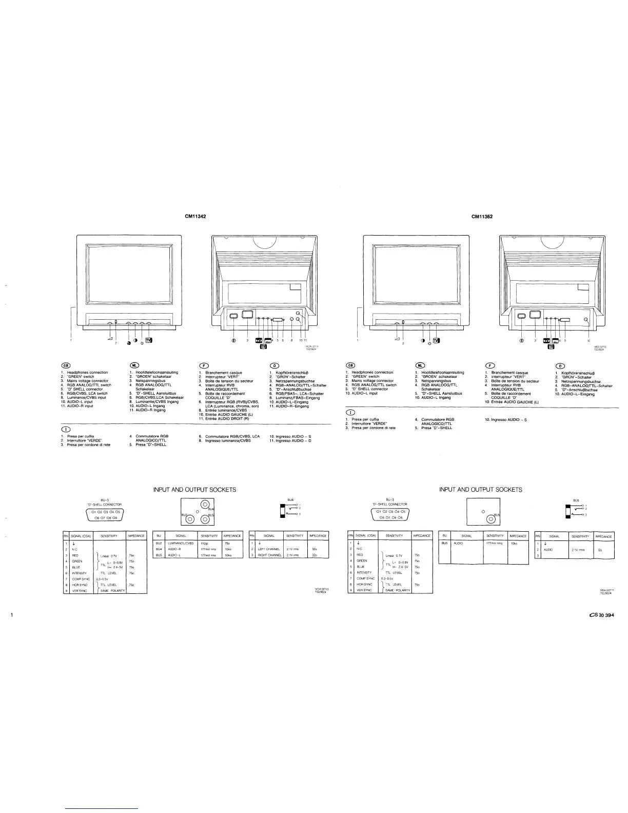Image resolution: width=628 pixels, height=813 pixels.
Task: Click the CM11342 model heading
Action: click(x=195, y=217)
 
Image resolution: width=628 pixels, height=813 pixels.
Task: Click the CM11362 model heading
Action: click(x=482, y=217)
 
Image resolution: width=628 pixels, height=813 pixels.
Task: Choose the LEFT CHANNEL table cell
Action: click(x=268, y=549)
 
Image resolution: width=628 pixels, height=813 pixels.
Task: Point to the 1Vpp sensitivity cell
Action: click(x=204, y=543)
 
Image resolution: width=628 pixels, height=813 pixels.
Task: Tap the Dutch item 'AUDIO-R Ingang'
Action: click(x=147, y=410)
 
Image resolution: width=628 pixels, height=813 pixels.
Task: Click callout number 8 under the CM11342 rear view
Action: click(x=291, y=340)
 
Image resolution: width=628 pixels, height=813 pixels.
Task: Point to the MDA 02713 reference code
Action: click(x=321, y=589)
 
